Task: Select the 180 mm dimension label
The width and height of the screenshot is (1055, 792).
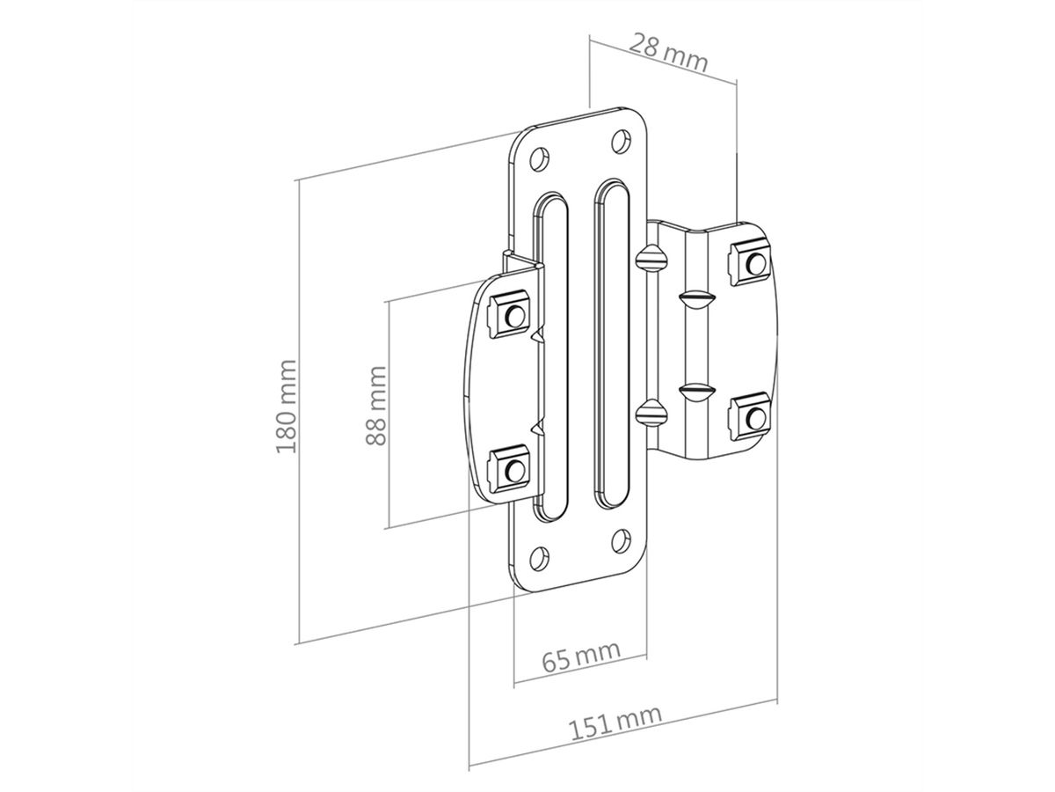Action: [287, 406]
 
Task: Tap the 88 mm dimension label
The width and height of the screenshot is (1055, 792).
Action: [377, 406]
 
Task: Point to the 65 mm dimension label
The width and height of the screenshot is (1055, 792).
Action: [580, 655]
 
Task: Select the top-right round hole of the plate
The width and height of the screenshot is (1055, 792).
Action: [621, 141]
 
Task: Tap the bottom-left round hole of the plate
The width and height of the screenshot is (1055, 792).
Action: [540, 555]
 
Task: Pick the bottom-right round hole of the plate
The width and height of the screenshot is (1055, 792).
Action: [621, 539]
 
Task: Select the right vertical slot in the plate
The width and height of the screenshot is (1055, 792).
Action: [608, 344]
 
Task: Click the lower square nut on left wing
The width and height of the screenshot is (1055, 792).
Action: [510, 467]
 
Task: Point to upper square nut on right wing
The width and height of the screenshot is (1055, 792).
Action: [751, 261]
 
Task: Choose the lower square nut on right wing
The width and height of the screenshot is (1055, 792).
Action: [751, 414]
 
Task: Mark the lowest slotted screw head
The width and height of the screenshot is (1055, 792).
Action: [649, 409]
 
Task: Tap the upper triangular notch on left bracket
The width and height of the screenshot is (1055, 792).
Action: [536, 335]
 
